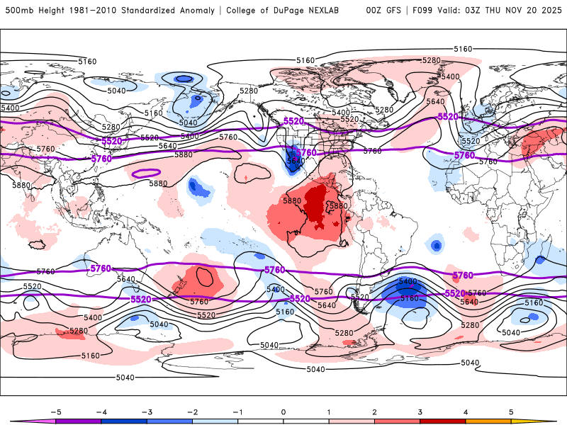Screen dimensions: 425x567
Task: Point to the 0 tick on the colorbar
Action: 283,411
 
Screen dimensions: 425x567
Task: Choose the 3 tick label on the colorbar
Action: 420,411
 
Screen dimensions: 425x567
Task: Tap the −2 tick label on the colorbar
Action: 191,411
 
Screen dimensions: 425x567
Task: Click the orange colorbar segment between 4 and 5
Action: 488,421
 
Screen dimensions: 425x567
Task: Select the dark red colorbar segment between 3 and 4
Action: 443,421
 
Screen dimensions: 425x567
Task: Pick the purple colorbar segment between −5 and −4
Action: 78,421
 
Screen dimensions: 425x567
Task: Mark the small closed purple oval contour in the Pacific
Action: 146,172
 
